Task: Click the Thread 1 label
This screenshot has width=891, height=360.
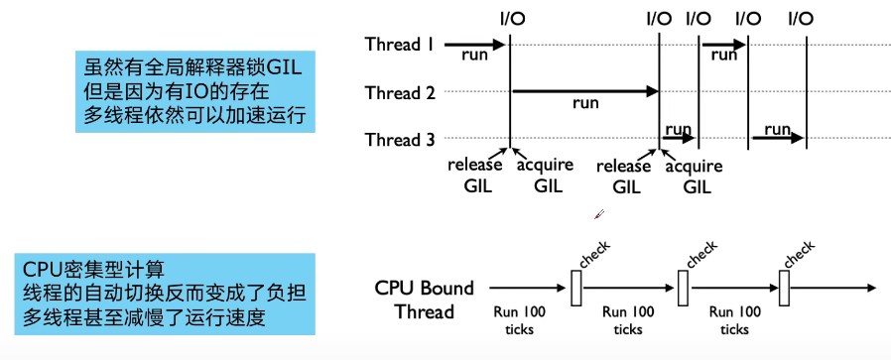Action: point(400,44)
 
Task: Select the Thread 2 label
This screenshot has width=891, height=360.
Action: point(400,93)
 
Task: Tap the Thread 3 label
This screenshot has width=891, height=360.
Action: point(400,140)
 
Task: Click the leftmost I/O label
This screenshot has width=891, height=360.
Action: point(509,17)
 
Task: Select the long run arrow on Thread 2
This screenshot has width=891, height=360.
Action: point(585,92)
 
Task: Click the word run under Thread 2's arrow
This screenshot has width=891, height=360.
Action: point(585,103)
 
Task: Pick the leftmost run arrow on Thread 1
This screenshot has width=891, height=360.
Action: point(475,45)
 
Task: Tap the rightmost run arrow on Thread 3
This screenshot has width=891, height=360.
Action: point(777,139)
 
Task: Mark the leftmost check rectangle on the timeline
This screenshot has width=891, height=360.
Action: point(575,289)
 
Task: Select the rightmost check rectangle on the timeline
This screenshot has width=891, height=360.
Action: point(784,289)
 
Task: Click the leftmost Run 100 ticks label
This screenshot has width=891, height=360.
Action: point(521,319)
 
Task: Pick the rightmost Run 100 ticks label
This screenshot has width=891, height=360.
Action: point(735,319)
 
